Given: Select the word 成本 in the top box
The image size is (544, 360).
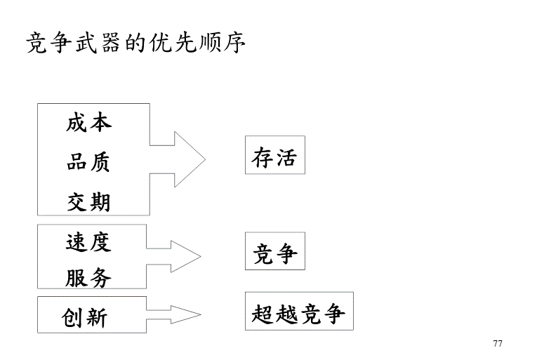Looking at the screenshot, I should (88, 124).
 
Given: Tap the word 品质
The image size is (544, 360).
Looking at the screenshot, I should (88, 164).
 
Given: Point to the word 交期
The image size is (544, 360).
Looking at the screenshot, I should (88, 203).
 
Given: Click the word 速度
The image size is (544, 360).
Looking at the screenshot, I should (88, 242).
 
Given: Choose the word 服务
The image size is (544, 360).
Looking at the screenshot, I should (88, 278).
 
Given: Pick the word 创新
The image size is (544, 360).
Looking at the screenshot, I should (85, 319).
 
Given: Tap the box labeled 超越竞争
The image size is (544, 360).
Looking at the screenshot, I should (299, 314).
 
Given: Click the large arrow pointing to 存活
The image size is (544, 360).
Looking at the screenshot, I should (178, 159).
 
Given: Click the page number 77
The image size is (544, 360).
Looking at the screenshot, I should (498, 343).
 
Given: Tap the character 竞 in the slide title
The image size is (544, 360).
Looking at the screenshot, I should (35, 43).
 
